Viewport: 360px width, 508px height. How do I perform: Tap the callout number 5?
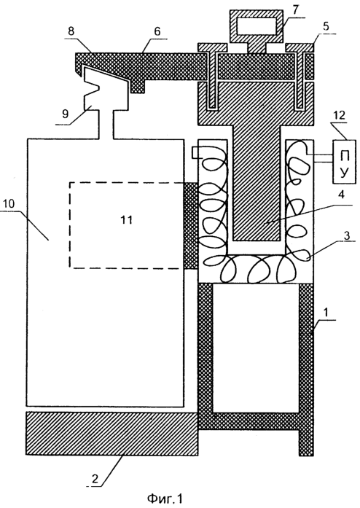pos(326,26)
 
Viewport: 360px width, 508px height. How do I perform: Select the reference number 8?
pos(71,31)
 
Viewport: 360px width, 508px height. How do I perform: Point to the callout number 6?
pos(157,31)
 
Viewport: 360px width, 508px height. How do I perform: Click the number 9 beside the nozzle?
pos(65,114)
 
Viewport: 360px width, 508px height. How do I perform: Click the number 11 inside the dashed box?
pos(126,219)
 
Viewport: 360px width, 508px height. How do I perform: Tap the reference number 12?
pos(339,115)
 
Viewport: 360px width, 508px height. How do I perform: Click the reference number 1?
pos(326,313)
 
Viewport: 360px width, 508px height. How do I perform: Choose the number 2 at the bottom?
pos(94,478)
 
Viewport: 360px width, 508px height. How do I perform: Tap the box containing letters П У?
pos(345,162)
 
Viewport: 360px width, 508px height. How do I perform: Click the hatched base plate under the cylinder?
pos(111,434)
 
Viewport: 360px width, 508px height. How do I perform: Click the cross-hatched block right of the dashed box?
pos(191,226)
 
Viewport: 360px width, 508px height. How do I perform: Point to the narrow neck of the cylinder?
pos(106,125)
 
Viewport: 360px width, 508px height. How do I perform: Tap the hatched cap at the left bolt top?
pos(213,47)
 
